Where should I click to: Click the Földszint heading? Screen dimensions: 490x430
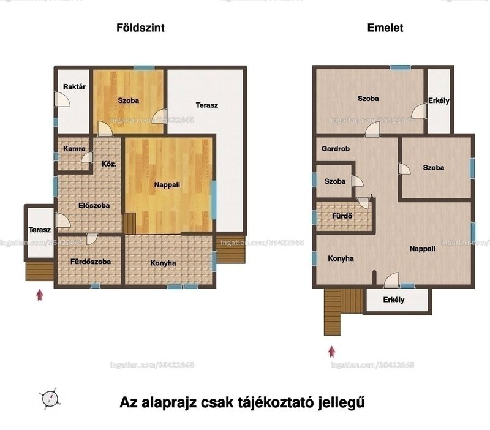click(x=140, y=28)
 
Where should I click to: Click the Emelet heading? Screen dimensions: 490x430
click(x=385, y=28)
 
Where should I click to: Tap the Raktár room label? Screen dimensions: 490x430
click(x=74, y=86)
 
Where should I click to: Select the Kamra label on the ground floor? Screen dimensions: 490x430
click(x=74, y=149)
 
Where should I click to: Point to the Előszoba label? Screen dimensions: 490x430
click(x=94, y=206)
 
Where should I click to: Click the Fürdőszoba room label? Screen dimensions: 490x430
click(x=91, y=262)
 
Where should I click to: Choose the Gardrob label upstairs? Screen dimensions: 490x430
click(x=336, y=149)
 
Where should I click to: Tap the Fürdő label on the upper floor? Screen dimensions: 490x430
click(x=342, y=216)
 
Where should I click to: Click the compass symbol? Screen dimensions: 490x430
click(x=50, y=398)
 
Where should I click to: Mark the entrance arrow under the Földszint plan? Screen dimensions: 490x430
click(x=39, y=295)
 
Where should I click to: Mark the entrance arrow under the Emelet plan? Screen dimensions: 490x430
click(x=332, y=352)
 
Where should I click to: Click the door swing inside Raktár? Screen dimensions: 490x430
click(x=62, y=99)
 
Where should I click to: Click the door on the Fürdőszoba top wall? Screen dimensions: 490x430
click(x=92, y=239)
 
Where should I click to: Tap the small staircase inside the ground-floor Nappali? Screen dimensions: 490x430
click(x=130, y=224)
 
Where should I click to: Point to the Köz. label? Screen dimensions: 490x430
click(x=109, y=164)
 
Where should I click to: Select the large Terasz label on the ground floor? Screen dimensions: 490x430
click(x=207, y=105)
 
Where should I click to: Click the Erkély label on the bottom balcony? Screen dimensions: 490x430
click(x=394, y=300)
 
